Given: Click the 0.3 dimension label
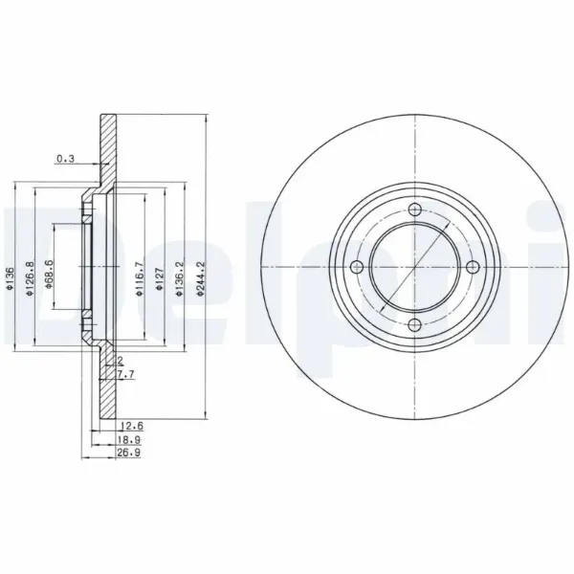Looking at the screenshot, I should point(65,158).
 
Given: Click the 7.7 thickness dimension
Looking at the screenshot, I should point(125,377).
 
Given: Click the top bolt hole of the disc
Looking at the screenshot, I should point(414,211).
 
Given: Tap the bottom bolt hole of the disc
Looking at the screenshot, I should point(414,327).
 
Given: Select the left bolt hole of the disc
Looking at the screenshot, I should point(356,269).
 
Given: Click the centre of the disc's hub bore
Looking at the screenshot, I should point(414,269).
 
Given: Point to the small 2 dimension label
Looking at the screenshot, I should point(121,362).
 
